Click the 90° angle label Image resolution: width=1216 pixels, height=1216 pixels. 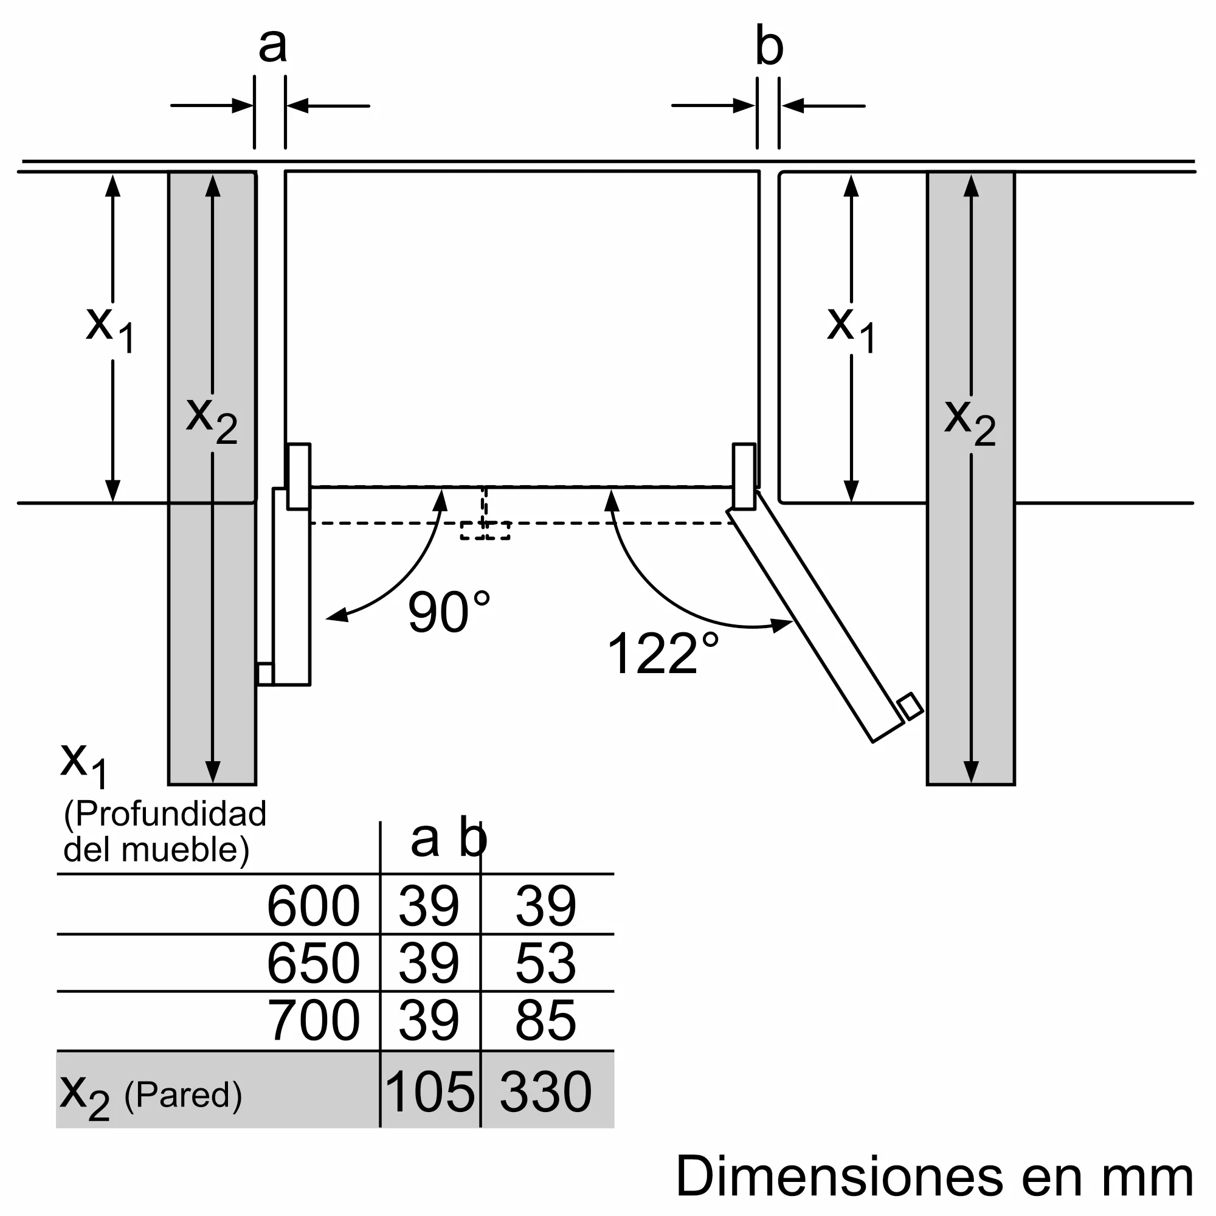pos(448,612)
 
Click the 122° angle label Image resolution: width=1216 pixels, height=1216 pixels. pos(662,654)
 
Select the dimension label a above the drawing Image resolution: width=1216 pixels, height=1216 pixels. pos(272,46)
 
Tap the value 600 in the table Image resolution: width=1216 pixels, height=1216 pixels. pos(313,907)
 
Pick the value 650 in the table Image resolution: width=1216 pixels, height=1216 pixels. pos(313,964)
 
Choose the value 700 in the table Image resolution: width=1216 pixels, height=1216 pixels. pos(313,1021)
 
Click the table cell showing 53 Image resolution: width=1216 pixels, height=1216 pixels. pos(545,964)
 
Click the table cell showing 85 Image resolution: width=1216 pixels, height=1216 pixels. pos(545,1021)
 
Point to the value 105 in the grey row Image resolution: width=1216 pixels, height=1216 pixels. pos(429,1092)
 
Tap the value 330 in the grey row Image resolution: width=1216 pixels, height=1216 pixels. pos(545,1092)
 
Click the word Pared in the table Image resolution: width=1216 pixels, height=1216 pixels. pos(182,1095)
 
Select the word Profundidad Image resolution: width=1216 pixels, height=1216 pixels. pos(170,814)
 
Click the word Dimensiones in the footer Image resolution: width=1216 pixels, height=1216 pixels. pos(839,1177)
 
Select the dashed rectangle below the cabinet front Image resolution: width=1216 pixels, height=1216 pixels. pos(485,530)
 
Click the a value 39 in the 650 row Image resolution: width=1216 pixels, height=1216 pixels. pos(429,964)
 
